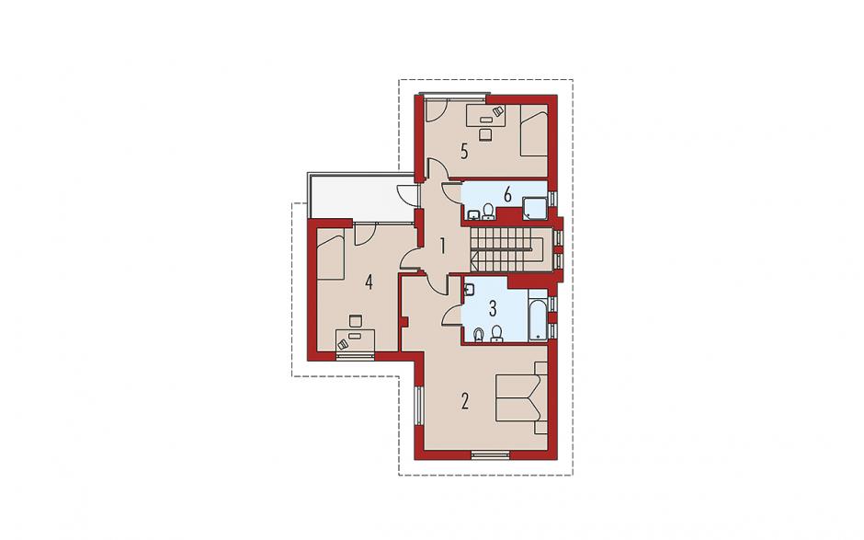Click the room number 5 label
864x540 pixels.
[464, 151]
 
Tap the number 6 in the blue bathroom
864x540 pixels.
[507, 195]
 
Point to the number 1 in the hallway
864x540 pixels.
[442, 246]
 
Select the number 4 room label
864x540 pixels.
[369, 282]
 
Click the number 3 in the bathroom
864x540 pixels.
[493, 308]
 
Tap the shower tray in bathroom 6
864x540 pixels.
[533, 207]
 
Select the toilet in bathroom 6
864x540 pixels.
[488, 212]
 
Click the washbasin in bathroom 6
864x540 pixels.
[473, 214]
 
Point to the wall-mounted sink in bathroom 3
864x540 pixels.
[469, 290]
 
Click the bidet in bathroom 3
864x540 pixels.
[479, 334]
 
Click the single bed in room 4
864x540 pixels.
[331, 255]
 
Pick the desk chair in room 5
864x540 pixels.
[485, 134]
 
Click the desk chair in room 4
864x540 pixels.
[356, 320]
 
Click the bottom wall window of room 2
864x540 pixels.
[490, 455]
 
